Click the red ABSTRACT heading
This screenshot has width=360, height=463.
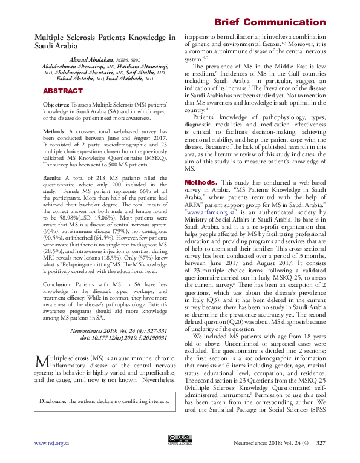[x=62, y=91]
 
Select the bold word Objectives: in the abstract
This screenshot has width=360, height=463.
[x=56, y=105]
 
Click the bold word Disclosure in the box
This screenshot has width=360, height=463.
[x=53, y=401]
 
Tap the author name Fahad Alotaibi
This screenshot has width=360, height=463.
[x=78, y=79]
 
